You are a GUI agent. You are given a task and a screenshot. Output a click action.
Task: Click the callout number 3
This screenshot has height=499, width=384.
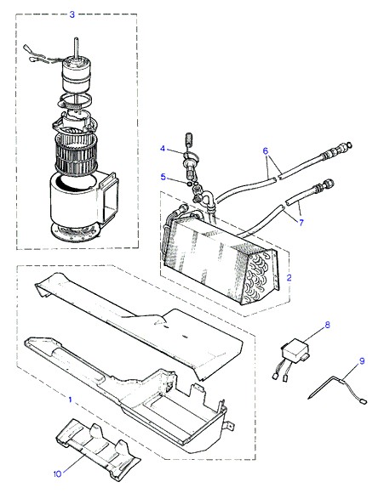72,14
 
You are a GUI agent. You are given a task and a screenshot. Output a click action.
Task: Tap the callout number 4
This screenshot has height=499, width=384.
163,149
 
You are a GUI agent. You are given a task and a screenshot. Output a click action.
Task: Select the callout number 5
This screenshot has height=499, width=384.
163,177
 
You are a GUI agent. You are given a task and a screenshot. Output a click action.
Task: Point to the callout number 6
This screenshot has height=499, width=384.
266,150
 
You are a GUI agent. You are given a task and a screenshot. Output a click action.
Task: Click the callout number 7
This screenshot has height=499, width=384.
301,222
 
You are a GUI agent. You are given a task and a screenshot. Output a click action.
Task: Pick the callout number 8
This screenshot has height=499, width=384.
327,326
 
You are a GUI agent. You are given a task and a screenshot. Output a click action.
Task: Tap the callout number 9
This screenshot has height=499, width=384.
362,361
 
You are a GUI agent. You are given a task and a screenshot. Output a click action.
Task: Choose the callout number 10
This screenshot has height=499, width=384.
57,473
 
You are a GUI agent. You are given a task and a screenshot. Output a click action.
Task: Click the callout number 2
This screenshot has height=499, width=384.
289,277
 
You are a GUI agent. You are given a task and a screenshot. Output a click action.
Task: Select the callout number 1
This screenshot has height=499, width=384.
71,400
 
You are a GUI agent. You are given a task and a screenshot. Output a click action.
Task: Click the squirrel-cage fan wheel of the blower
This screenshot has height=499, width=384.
76,154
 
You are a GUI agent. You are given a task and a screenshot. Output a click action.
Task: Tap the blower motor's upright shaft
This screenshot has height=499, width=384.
77,48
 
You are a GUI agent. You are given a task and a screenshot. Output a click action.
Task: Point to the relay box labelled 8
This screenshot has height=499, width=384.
295,351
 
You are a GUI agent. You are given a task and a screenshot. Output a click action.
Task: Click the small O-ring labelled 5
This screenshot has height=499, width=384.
189,184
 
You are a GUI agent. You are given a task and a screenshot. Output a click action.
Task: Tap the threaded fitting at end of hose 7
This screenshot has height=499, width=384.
324,186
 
